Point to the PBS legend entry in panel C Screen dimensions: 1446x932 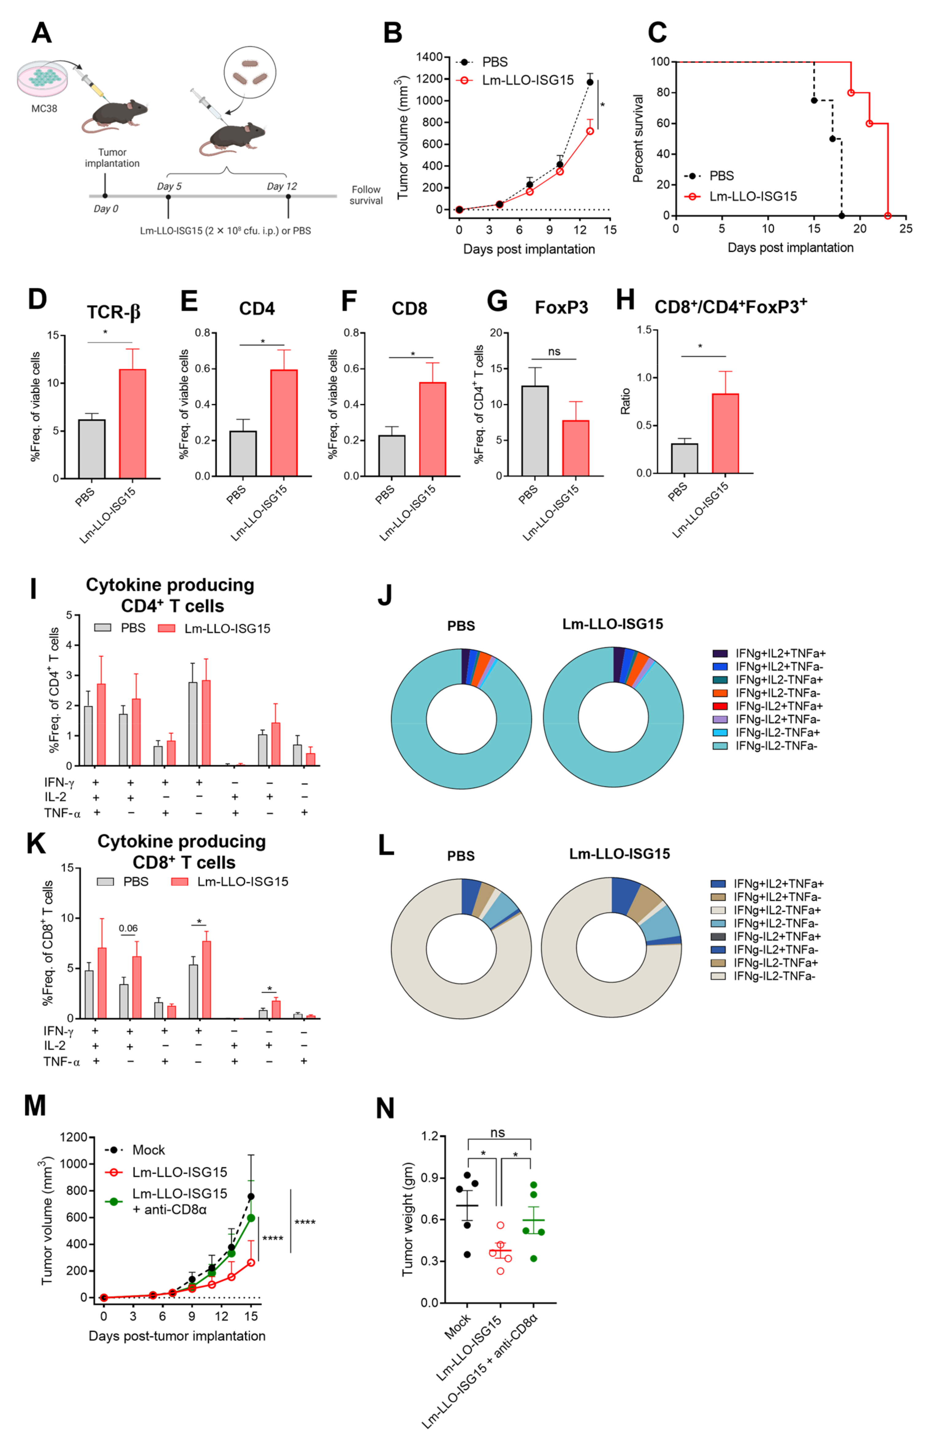coord(721,176)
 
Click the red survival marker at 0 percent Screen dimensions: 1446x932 coord(887,216)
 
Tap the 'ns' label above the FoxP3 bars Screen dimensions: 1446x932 coord(554,352)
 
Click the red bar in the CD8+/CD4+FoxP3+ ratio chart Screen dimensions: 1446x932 coord(725,433)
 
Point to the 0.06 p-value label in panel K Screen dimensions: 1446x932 coord(128,928)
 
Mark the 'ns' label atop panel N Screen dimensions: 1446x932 coord(498,1132)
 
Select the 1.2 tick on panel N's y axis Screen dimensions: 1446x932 coord(430,1136)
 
